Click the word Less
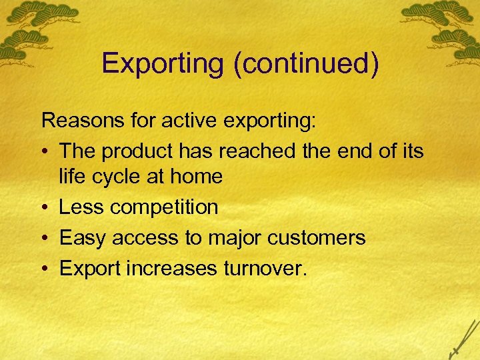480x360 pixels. (x=81, y=207)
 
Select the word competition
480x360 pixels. (x=164, y=208)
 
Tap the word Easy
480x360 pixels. (x=83, y=238)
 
